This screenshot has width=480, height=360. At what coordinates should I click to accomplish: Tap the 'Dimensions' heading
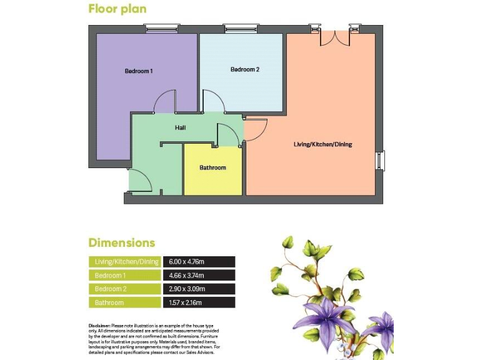point(121,242)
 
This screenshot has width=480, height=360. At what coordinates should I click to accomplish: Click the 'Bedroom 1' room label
point(139,71)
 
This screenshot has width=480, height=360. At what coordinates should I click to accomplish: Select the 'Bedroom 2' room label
point(244,69)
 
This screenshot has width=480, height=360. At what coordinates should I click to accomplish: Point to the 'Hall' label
point(181,127)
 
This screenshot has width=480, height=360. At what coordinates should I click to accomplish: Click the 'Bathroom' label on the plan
point(212,167)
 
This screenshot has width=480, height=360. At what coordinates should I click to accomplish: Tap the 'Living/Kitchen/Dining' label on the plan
point(322,144)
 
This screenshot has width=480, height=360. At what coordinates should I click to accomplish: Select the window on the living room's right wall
point(380,160)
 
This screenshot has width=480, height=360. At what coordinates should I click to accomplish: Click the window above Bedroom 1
point(162,28)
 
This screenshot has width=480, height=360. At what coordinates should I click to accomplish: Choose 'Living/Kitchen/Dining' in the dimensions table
point(124,262)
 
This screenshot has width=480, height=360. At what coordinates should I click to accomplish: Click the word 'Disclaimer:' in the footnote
point(99,326)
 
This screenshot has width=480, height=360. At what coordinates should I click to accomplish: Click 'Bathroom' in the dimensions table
point(109,303)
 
